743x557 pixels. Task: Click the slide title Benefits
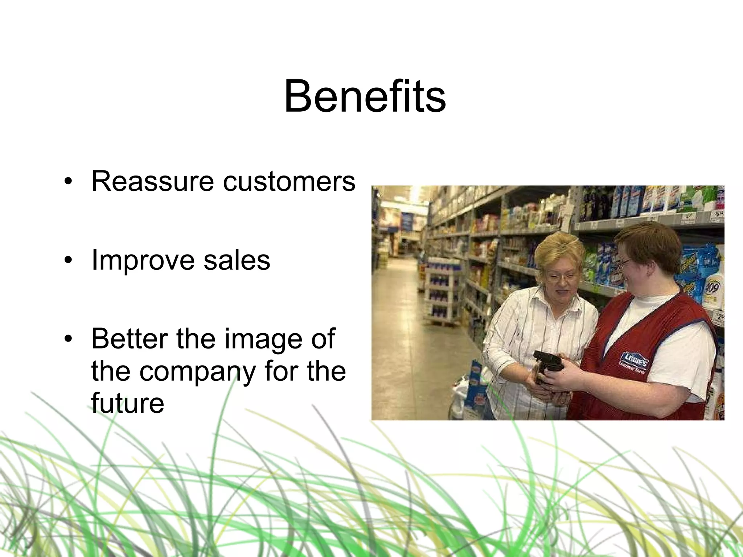[365, 97]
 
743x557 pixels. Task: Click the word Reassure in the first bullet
[152, 181]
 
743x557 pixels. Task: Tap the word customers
[289, 181]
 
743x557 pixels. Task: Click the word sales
[237, 260]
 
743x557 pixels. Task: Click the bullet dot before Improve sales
[67, 261]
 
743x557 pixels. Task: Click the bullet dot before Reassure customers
[67, 182]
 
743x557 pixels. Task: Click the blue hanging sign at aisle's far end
[407, 221]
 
